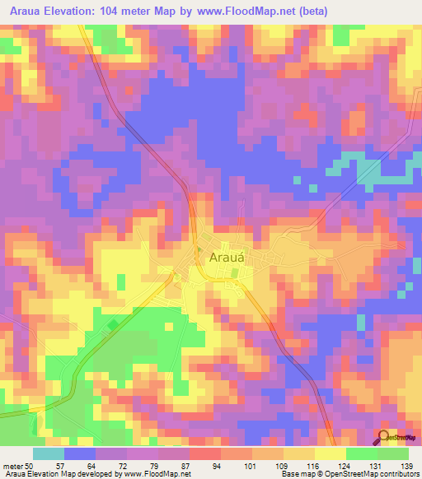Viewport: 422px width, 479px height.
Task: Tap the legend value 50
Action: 30,465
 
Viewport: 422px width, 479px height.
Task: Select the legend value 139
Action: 405,465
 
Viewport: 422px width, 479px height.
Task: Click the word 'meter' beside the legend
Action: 12,465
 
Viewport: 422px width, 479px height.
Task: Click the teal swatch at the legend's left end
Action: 49,453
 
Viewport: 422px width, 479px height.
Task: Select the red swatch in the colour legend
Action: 204,453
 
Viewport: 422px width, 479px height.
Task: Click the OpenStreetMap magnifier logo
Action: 385,437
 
